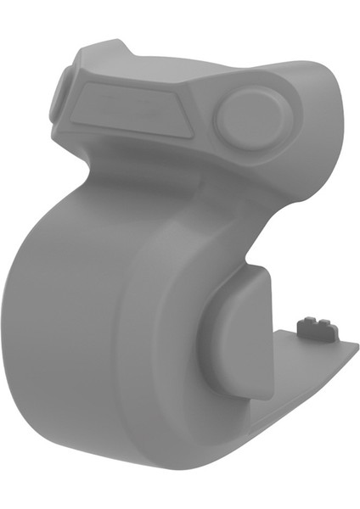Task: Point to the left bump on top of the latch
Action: point(307,321)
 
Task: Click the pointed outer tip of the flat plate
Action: point(355,345)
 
